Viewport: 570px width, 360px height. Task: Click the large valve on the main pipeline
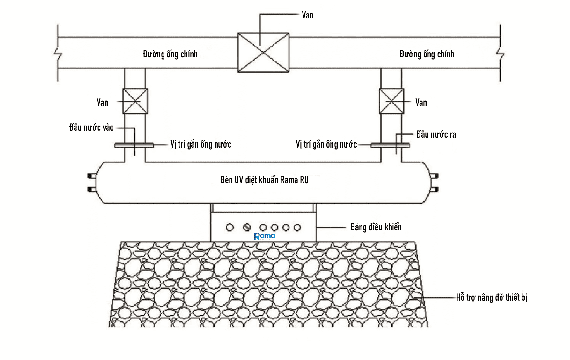263,53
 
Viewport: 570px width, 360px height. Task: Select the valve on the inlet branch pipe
135,101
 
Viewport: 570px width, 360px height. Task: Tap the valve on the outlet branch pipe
391,101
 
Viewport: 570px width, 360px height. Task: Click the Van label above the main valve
308,15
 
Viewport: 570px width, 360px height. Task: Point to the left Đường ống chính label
170,54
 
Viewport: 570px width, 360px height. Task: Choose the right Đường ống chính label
427,54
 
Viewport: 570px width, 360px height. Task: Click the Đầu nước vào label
91,127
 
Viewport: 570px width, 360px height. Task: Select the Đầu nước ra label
436,134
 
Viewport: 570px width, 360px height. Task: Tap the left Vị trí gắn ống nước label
201,144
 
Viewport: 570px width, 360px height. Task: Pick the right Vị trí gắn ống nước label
326,144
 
